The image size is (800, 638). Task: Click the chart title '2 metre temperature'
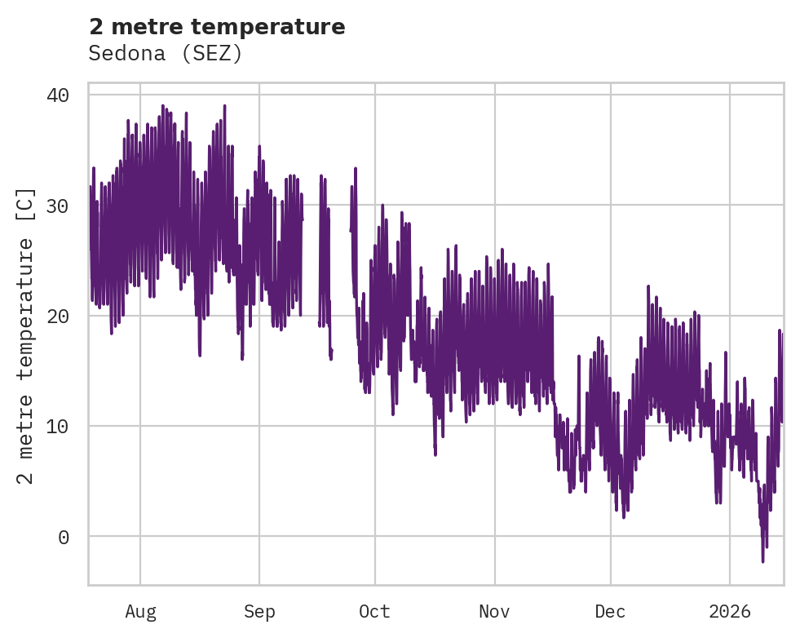coord(217,27)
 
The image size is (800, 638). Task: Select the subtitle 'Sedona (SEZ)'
coord(166,54)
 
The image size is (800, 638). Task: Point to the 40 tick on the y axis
coord(58,95)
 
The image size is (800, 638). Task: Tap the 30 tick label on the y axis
coord(58,206)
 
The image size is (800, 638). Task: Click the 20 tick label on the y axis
coord(58,316)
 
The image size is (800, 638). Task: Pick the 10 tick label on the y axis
coord(58,426)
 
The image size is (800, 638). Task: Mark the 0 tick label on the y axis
coord(64,537)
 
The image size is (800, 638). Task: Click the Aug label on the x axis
coord(140,612)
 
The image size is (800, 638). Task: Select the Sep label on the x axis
coord(259,612)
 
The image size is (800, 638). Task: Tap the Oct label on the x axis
coord(374,612)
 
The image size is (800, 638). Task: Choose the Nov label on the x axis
coord(494,612)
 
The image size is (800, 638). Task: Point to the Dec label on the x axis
coord(610,612)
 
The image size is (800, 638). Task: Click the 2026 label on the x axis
coord(729,612)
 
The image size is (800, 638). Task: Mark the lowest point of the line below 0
coord(763,561)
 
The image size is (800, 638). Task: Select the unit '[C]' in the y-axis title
coord(26,204)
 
